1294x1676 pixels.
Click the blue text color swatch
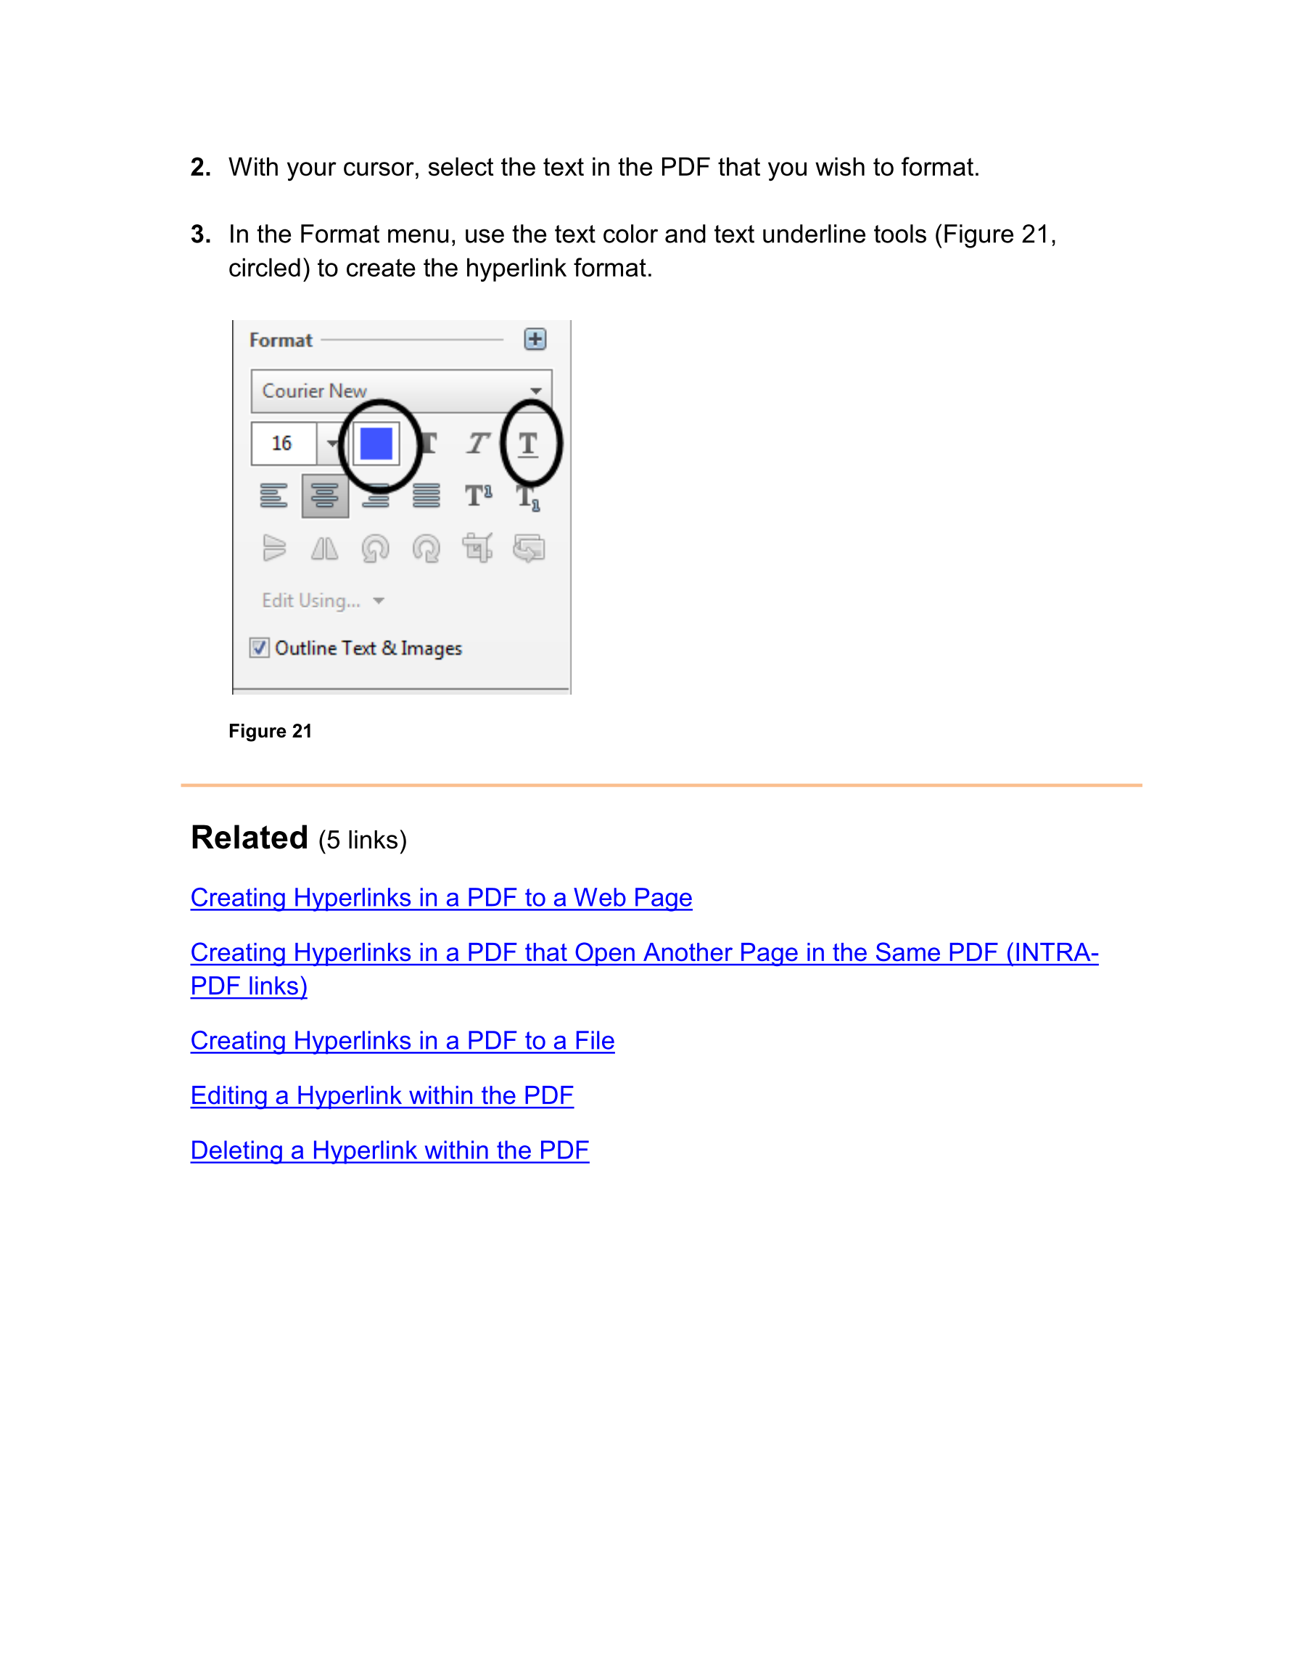coord(376,443)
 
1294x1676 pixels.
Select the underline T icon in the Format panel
coord(528,443)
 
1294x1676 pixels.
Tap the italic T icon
coord(477,443)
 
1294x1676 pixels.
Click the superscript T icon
coord(478,496)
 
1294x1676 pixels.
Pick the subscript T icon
coord(528,497)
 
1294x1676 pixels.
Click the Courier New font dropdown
coord(400,391)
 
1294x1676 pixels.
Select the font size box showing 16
coord(283,443)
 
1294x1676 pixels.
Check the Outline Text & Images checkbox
coord(259,647)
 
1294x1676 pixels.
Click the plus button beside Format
coord(535,339)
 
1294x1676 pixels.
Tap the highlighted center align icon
coord(324,496)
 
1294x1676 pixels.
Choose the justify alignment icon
coord(426,496)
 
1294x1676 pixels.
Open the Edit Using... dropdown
coord(322,600)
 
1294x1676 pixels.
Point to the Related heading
coord(250,837)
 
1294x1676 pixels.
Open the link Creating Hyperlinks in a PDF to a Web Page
coord(441,897)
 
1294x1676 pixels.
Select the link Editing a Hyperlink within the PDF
coord(382,1095)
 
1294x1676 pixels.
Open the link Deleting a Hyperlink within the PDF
coord(389,1150)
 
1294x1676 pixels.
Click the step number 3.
coord(200,234)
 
